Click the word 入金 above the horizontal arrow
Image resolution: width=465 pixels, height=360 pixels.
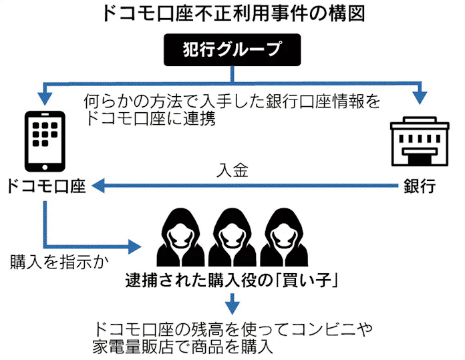[232, 170]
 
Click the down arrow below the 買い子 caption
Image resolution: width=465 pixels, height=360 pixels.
[232, 305]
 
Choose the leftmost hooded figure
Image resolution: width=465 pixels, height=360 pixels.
[178, 241]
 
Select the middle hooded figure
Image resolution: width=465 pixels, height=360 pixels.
[232, 241]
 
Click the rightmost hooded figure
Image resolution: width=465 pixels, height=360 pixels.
[284, 241]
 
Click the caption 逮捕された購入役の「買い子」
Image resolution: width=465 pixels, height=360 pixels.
[232, 281]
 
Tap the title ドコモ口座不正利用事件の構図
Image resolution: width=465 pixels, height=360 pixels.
[232, 14]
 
